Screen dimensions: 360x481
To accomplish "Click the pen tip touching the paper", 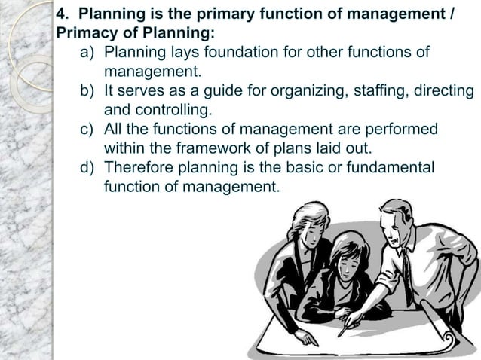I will (342, 334).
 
